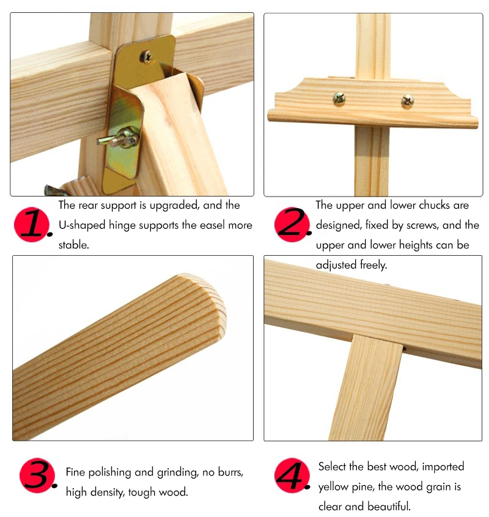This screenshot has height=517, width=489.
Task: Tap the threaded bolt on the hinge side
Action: [118, 139]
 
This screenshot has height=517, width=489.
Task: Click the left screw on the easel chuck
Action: [339, 99]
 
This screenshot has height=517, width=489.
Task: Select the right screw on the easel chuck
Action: [408, 101]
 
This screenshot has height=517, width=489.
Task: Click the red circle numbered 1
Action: [31, 225]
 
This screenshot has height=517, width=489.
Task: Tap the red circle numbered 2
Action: [292, 225]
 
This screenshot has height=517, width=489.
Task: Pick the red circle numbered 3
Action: [37, 475]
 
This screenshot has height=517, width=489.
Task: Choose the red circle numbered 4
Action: [292, 475]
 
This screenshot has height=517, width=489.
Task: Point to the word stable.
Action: [73, 245]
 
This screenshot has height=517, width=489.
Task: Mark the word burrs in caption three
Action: [230, 472]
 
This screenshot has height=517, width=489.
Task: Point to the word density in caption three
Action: [106, 492]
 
